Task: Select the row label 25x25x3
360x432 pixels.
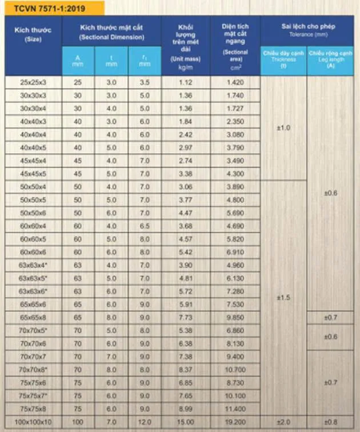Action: (33, 82)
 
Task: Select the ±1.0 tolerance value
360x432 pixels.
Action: (283, 128)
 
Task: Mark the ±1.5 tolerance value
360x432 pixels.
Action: (283, 298)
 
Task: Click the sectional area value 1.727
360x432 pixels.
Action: (235, 109)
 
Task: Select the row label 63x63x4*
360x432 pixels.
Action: (33, 265)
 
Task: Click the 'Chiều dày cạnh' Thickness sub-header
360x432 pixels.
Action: (283, 59)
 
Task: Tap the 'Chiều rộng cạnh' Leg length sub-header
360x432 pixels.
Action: (331, 59)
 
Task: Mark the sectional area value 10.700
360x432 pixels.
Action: (235, 370)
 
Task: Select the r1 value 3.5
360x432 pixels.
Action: (144, 82)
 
